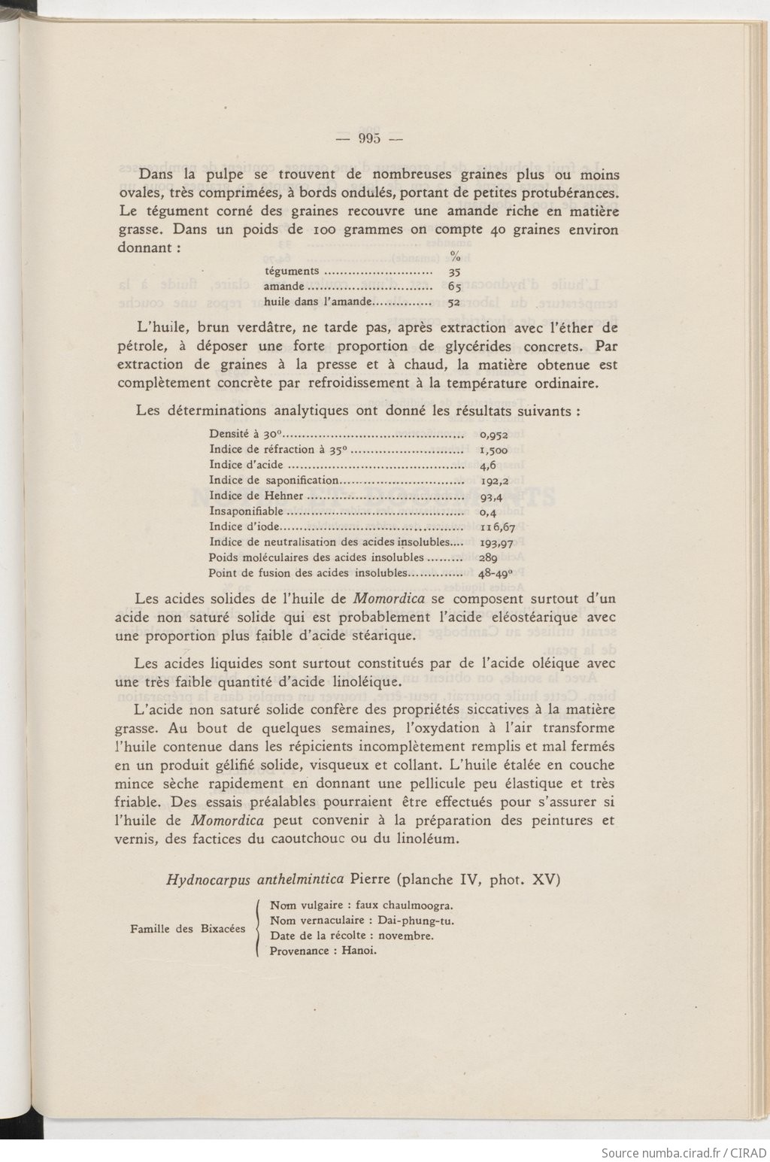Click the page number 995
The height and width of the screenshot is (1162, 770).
(x=369, y=138)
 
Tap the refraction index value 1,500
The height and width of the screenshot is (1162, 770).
(x=493, y=450)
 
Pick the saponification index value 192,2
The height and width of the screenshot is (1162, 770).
(x=495, y=481)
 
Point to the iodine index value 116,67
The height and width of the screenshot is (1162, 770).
(x=498, y=527)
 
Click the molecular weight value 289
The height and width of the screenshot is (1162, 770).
(x=488, y=558)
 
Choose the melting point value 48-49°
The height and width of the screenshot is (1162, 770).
(x=500, y=573)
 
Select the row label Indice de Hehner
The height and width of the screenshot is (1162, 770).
(x=256, y=496)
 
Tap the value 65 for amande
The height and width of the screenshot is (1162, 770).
(x=454, y=287)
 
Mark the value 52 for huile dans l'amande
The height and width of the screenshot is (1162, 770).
(x=454, y=302)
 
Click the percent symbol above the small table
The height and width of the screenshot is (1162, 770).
(x=455, y=257)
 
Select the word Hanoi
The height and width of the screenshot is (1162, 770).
(x=359, y=951)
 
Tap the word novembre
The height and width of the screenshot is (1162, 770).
(x=406, y=936)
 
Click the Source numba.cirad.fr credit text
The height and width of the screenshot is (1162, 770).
(x=684, y=1152)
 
